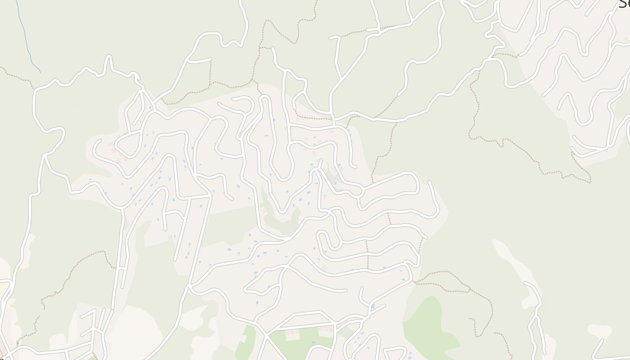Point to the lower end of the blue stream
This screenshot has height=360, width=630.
pos(40,72)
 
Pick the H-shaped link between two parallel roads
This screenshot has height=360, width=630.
pos(121,268)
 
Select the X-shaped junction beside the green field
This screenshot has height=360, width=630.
pos(265,335)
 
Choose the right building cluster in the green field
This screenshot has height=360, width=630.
pos(326,329)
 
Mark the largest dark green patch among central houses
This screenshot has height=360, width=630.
pos(279,216)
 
